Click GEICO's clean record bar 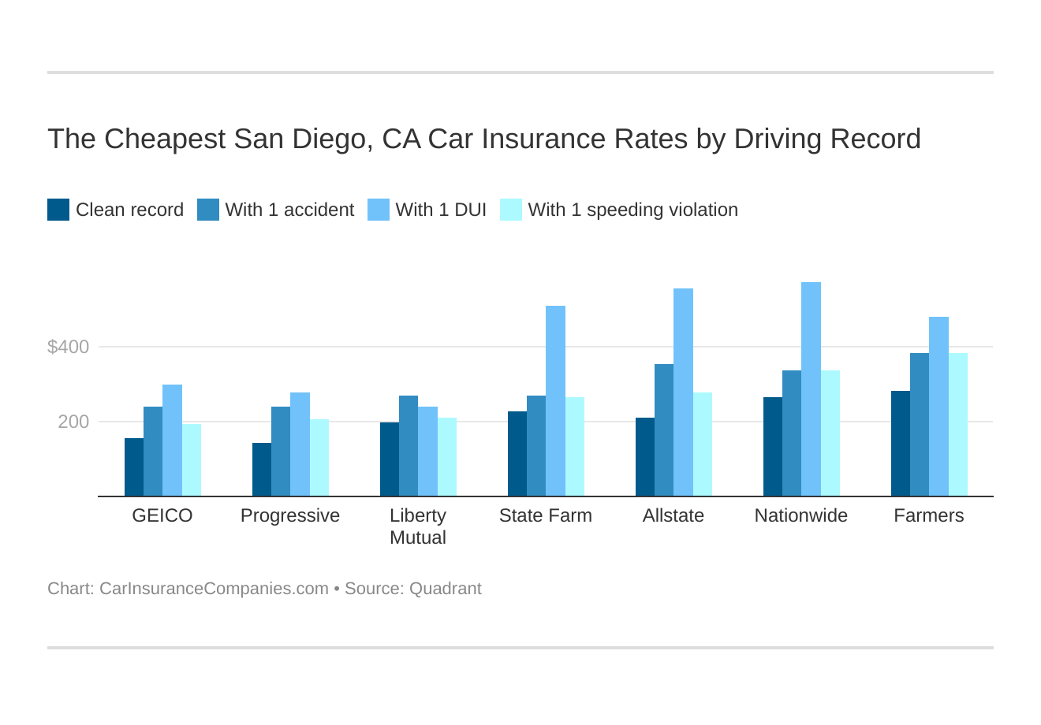click(134, 467)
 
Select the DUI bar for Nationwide click(811, 389)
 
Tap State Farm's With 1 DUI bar click(555, 401)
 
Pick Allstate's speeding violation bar click(703, 444)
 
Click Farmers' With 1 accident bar click(920, 425)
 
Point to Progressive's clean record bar click(262, 470)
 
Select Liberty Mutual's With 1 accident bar click(409, 446)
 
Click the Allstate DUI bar click(683, 392)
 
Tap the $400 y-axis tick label click(69, 347)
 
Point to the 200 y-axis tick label click(73, 422)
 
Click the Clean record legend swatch click(58, 210)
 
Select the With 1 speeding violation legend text click(632, 210)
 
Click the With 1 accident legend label click(289, 210)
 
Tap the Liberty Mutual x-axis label click(418, 526)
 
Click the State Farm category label click(546, 515)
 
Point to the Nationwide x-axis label click(800, 515)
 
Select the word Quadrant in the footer click(445, 589)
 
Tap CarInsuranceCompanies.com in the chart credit click(214, 589)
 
